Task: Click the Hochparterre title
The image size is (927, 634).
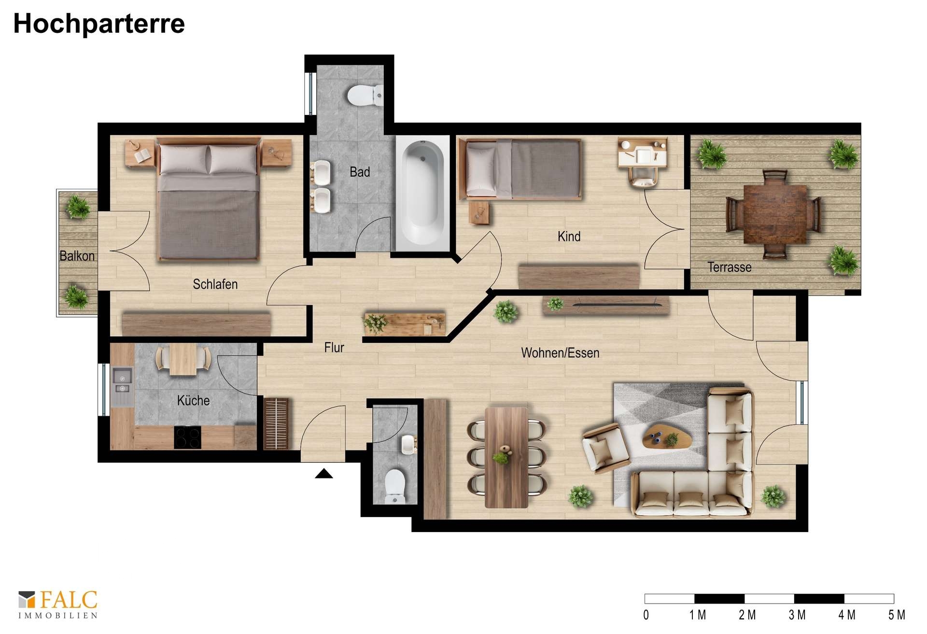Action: (99, 24)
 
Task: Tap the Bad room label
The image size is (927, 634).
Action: (360, 172)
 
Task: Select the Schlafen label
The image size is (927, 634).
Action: (215, 284)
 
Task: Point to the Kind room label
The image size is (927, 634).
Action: (569, 236)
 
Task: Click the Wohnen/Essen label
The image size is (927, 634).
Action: (560, 352)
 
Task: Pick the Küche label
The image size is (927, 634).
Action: (193, 400)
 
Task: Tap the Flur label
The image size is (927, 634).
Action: (334, 347)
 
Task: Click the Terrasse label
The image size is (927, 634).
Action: (730, 267)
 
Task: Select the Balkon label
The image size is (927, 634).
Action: (77, 256)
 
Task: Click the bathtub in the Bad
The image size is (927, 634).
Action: (423, 192)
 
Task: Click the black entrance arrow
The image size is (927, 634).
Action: (323, 474)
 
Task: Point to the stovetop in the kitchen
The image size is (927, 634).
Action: (188, 437)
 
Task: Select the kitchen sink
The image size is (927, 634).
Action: (123, 381)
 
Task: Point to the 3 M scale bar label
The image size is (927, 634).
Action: (797, 615)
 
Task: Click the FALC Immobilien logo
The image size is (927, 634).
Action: (58, 604)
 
